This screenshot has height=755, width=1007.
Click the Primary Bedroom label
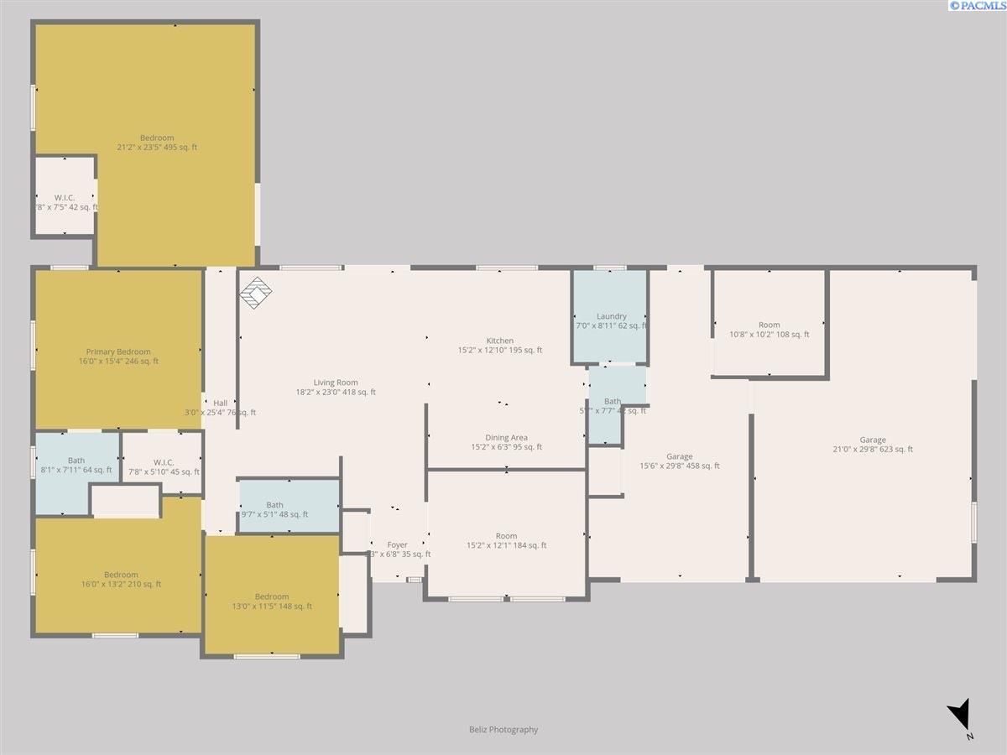pyautogui.click(x=118, y=352)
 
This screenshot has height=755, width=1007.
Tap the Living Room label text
pyautogui.click(x=336, y=383)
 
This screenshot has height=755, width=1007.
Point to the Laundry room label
pyautogui.click(x=612, y=316)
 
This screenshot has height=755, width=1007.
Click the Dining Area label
pyautogui.click(x=506, y=438)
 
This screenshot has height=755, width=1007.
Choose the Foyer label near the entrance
pyautogui.click(x=397, y=545)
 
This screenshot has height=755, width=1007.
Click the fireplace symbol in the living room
pyautogui.click(x=256, y=292)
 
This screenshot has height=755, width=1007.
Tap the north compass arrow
pyautogui.click(x=961, y=718)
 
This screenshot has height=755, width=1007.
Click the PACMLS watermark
pyautogui.click(x=977, y=6)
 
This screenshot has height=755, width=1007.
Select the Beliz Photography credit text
pyautogui.click(x=503, y=730)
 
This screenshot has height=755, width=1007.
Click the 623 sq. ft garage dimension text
pyautogui.click(x=873, y=450)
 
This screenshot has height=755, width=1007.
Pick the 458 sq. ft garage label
pyautogui.click(x=680, y=466)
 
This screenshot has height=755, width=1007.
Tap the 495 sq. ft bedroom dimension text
pyautogui.click(x=157, y=148)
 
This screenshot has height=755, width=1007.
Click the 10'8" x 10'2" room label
pyautogui.click(x=770, y=335)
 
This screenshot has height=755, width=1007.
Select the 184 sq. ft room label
pyautogui.click(x=506, y=545)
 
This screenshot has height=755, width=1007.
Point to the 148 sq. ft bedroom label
pyautogui.click(x=272, y=607)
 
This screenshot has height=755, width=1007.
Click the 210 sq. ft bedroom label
pyautogui.click(x=121, y=585)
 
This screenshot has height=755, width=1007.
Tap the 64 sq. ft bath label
pyautogui.click(x=76, y=470)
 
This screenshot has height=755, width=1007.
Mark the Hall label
pyautogui.click(x=220, y=403)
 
